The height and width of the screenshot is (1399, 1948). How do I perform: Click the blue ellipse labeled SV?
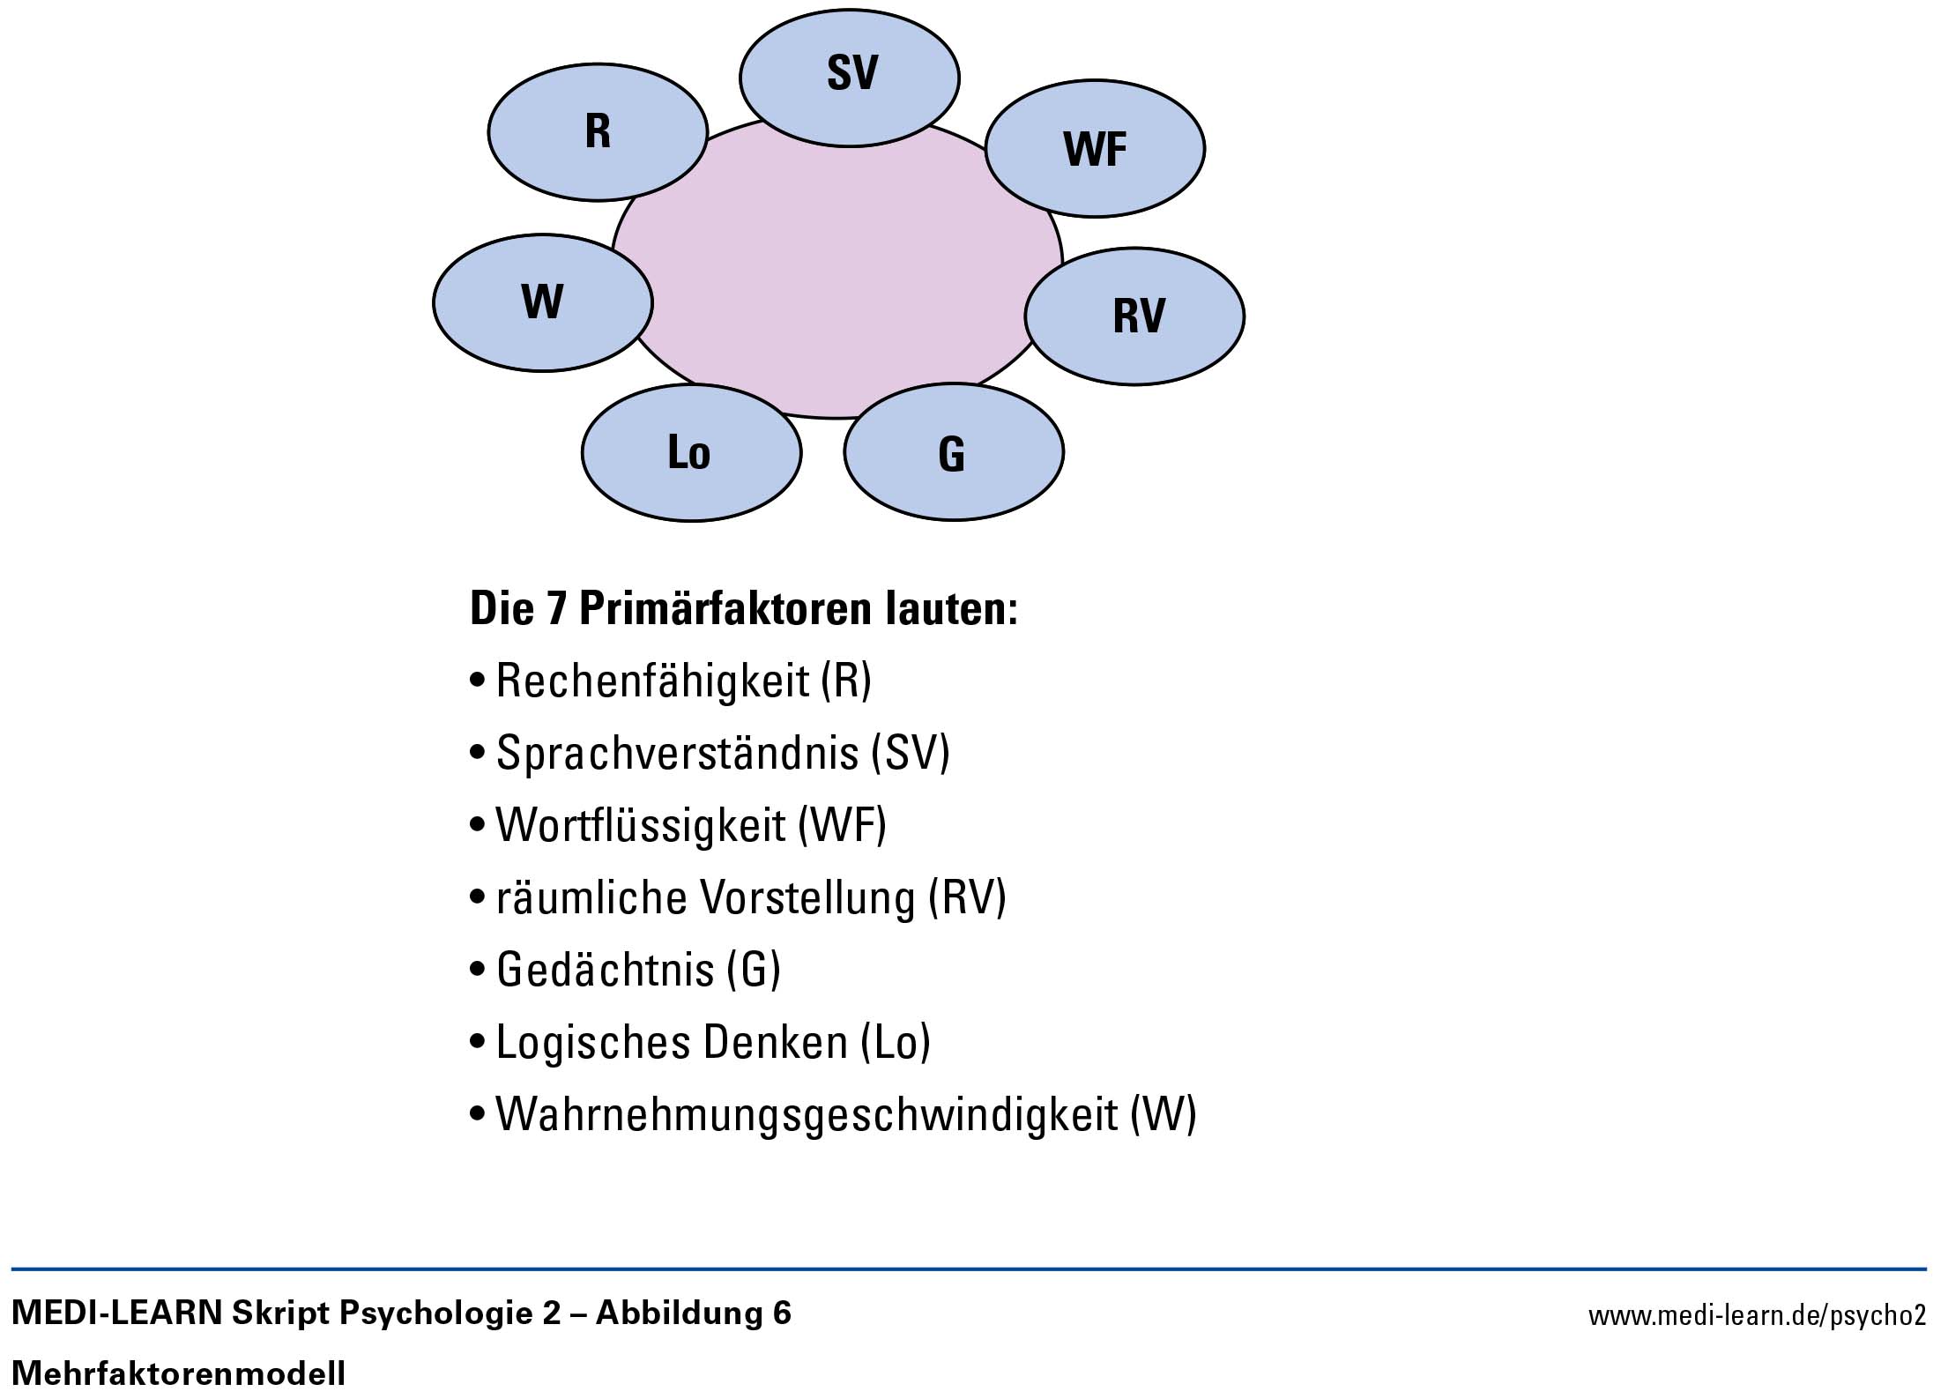click(x=850, y=78)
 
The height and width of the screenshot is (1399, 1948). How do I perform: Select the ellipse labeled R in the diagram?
click(x=599, y=132)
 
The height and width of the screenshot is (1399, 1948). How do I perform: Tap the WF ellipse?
click(x=1095, y=148)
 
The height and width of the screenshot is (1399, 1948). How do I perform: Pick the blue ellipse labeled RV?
click(x=1134, y=316)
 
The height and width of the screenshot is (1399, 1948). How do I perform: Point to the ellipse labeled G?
click(x=954, y=452)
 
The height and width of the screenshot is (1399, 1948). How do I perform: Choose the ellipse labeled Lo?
click(x=692, y=452)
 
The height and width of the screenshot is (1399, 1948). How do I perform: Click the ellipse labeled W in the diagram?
click(x=543, y=302)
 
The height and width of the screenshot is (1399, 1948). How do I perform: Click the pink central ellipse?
click(x=837, y=264)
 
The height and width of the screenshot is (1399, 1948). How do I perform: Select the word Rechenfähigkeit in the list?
click(x=653, y=681)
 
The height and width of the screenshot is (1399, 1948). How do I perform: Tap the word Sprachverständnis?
click(x=678, y=753)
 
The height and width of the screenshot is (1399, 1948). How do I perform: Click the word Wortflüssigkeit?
click(x=641, y=825)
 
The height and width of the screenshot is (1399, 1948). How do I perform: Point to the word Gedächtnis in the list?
click(x=606, y=970)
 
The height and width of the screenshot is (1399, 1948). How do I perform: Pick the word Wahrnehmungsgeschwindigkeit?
click(x=807, y=1114)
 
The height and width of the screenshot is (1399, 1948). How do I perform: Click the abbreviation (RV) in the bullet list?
click(x=967, y=898)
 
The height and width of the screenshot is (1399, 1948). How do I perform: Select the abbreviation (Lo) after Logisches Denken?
click(x=896, y=1043)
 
